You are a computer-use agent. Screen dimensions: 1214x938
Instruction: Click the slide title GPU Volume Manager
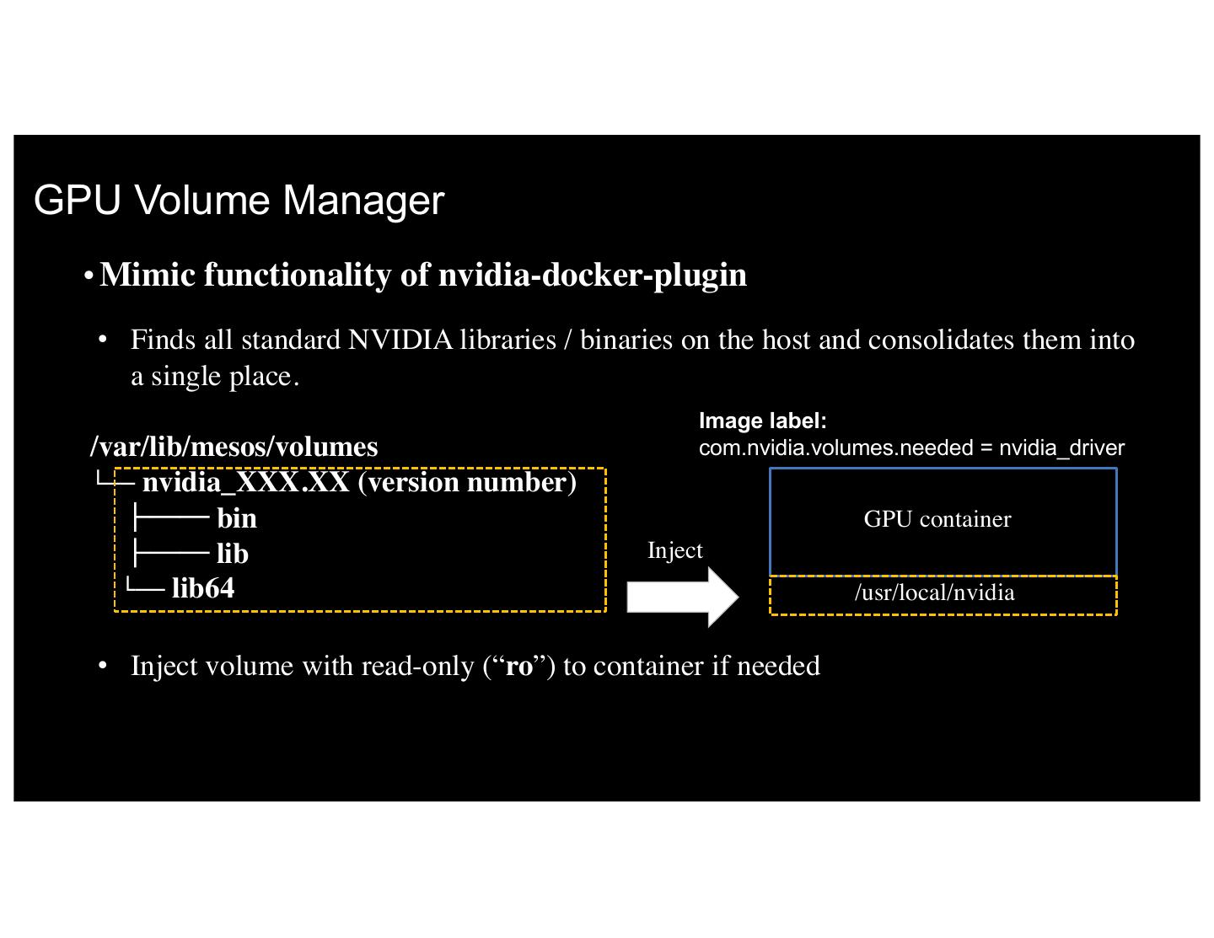coord(239,201)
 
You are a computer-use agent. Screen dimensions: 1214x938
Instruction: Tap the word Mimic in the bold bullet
coord(146,276)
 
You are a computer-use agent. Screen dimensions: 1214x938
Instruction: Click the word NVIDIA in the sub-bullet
coord(400,340)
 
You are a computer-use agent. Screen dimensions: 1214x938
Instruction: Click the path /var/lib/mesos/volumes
coord(234,447)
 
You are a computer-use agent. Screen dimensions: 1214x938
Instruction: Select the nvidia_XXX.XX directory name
coord(245,482)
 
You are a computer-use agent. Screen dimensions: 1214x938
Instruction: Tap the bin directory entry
coord(236,518)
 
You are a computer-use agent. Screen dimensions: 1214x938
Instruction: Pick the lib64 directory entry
coord(203,588)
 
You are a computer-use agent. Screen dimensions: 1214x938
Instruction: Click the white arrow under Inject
coord(681,597)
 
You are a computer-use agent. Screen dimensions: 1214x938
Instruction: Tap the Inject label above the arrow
coord(674,550)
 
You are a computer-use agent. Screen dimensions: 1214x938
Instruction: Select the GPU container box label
coord(937,519)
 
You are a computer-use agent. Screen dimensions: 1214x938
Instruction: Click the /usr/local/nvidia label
coord(934,592)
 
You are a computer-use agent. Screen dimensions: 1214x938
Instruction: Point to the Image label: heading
coord(762,421)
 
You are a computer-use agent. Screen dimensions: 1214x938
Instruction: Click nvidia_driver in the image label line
coord(1061,448)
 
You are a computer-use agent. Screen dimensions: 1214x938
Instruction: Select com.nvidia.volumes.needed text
coord(835,448)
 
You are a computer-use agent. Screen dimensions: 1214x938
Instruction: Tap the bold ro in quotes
coord(519,667)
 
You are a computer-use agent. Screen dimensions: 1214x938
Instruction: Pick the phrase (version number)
coord(467,482)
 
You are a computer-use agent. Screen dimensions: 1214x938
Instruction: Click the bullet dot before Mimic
coord(89,276)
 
